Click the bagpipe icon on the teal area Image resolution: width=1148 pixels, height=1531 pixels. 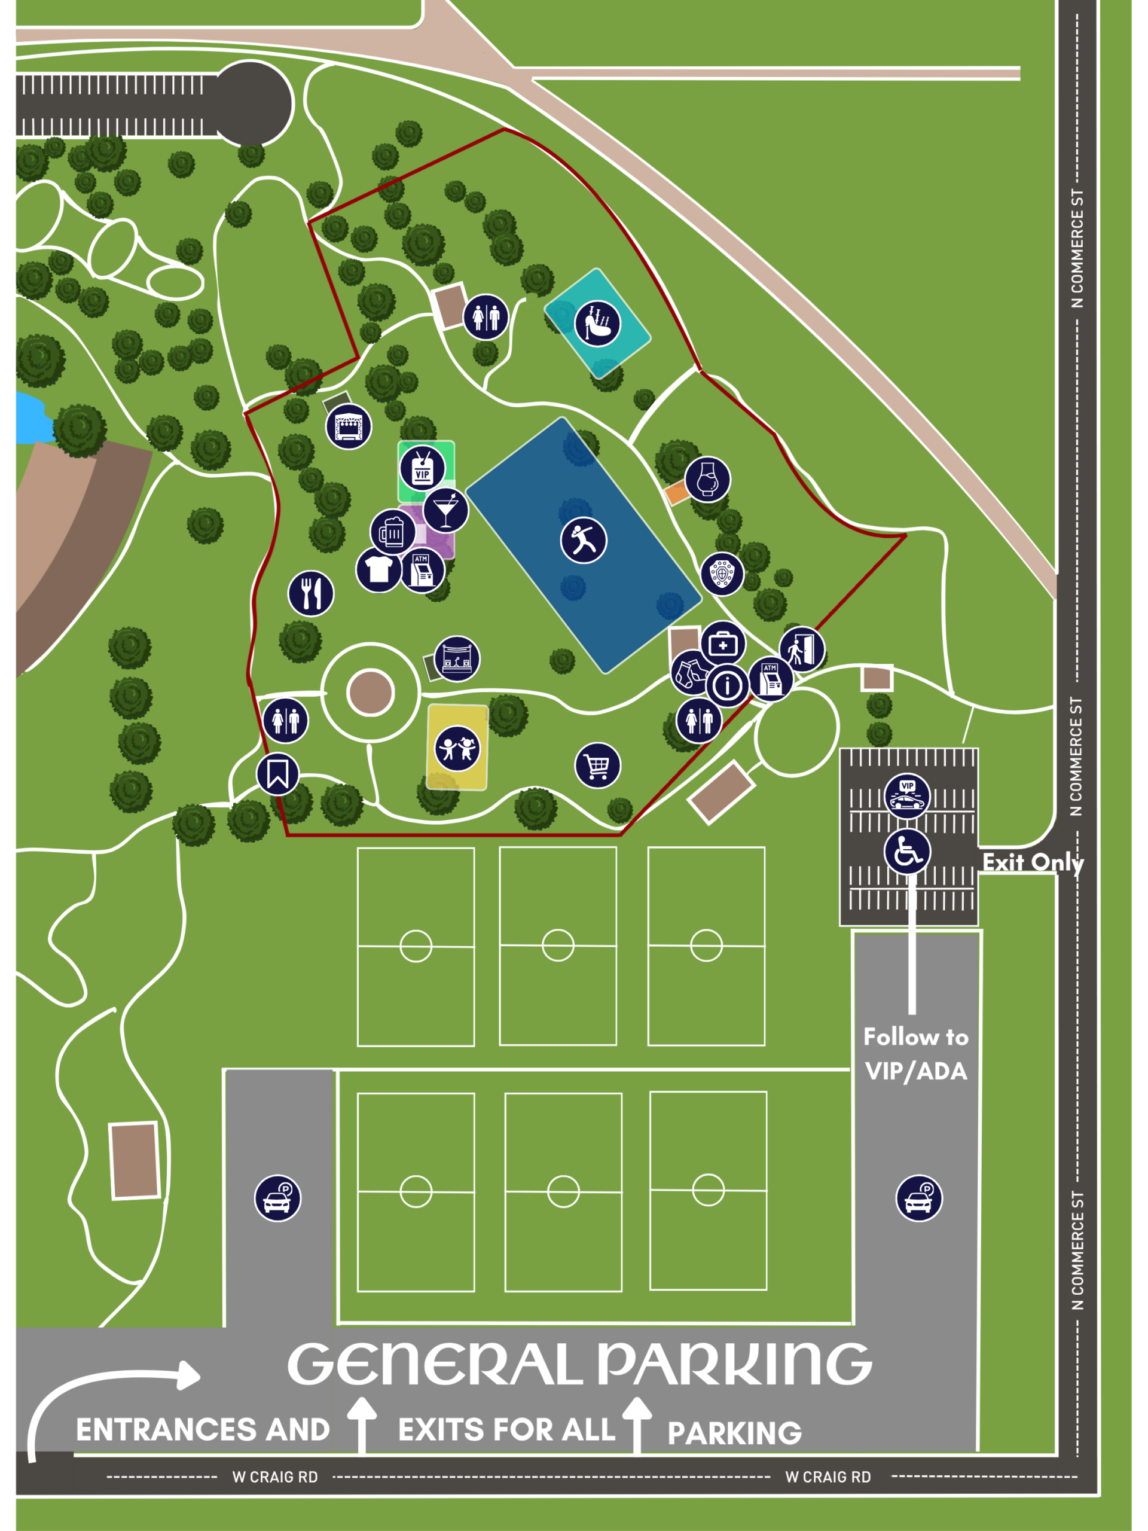click(x=597, y=323)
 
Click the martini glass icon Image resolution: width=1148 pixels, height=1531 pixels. click(x=445, y=511)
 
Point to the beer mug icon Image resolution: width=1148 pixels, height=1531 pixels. click(x=392, y=532)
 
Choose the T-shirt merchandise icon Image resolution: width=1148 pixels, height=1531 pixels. click(x=378, y=569)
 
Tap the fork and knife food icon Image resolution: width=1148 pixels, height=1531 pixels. click(x=311, y=593)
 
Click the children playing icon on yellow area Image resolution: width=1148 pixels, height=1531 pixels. click(x=457, y=748)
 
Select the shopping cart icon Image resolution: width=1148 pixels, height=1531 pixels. click(x=597, y=765)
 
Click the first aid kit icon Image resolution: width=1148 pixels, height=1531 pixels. click(x=723, y=643)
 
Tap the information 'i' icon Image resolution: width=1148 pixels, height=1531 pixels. click(x=727, y=686)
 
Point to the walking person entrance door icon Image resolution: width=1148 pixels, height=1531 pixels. click(x=801, y=649)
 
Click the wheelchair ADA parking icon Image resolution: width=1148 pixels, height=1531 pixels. click(x=907, y=852)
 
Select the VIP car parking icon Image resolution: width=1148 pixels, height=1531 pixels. click(x=907, y=796)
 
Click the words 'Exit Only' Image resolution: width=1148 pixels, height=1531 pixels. click(x=1033, y=862)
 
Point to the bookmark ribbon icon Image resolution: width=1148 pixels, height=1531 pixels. click(x=277, y=774)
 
